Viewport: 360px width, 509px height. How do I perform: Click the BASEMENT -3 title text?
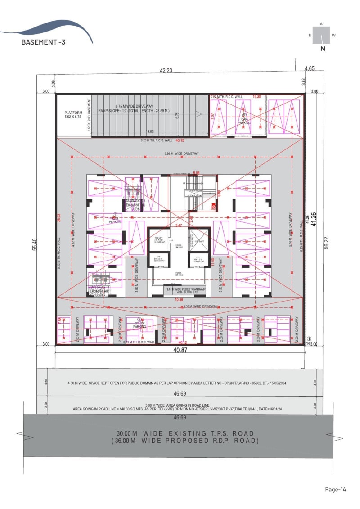click(x=43, y=42)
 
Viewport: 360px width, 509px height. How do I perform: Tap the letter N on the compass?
click(x=322, y=49)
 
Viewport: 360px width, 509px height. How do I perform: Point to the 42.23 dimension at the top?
click(x=166, y=70)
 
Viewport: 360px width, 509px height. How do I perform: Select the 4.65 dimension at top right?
click(x=309, y=68)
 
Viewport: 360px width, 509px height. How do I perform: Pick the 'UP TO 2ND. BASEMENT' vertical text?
click(x=89, y=115)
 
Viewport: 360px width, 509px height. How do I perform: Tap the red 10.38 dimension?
click(x=179, y=299)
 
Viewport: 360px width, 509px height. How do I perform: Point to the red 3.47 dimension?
click(x=179, y=225)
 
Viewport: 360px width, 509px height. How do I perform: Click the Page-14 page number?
click(x=335, y=489)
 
